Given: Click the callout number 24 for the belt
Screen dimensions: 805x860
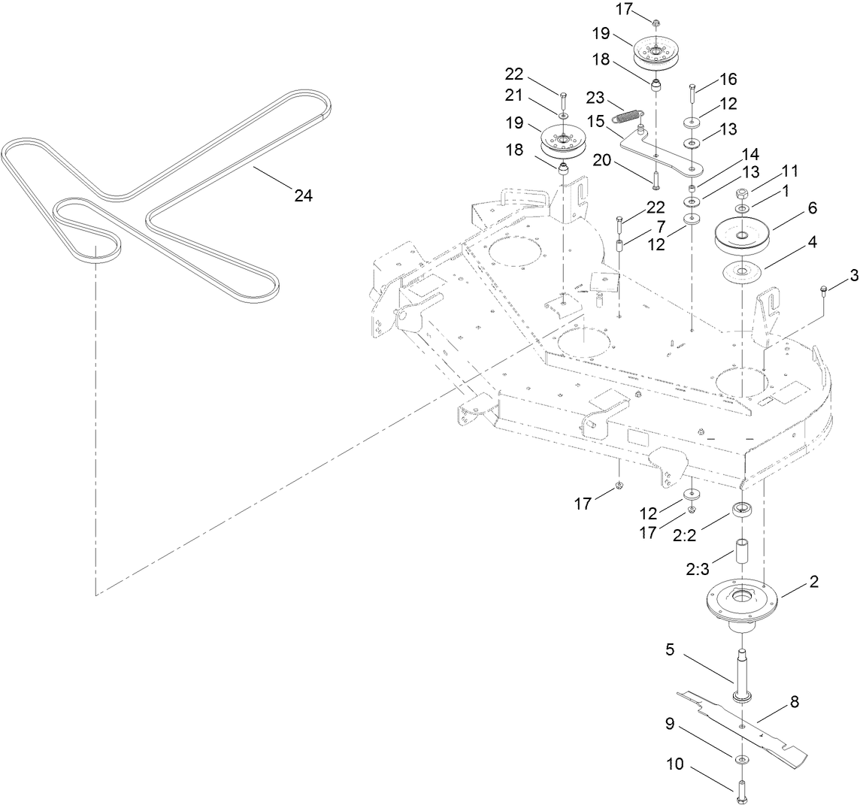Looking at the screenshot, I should [303, 195].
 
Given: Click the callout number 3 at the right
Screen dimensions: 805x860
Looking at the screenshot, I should [832, 276].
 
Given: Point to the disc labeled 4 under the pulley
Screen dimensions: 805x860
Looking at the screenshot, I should [742, 271].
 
